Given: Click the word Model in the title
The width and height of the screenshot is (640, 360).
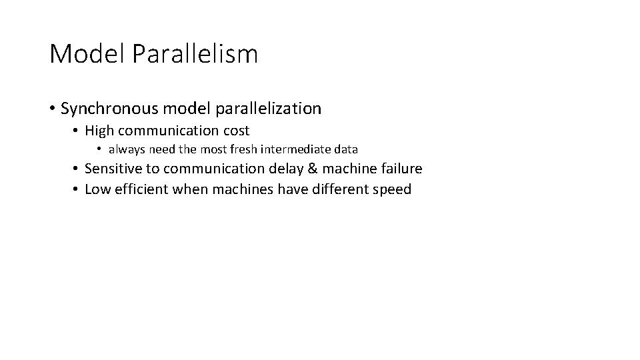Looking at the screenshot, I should pyautogui.click(x=88, y=54).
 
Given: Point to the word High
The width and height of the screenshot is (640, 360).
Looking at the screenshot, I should pyautogui.click(x=100, y=131).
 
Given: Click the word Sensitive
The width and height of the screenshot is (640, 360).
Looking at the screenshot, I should pyautogui.click(x=113, y=169).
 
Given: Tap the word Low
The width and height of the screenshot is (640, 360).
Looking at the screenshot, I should pyautogui.click(x=97, y=189).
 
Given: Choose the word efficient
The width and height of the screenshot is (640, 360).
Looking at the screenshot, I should pyautogui.click(x=141, y=189).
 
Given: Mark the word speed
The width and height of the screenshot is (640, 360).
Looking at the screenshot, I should pyautogui.click(x=393, y=190).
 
